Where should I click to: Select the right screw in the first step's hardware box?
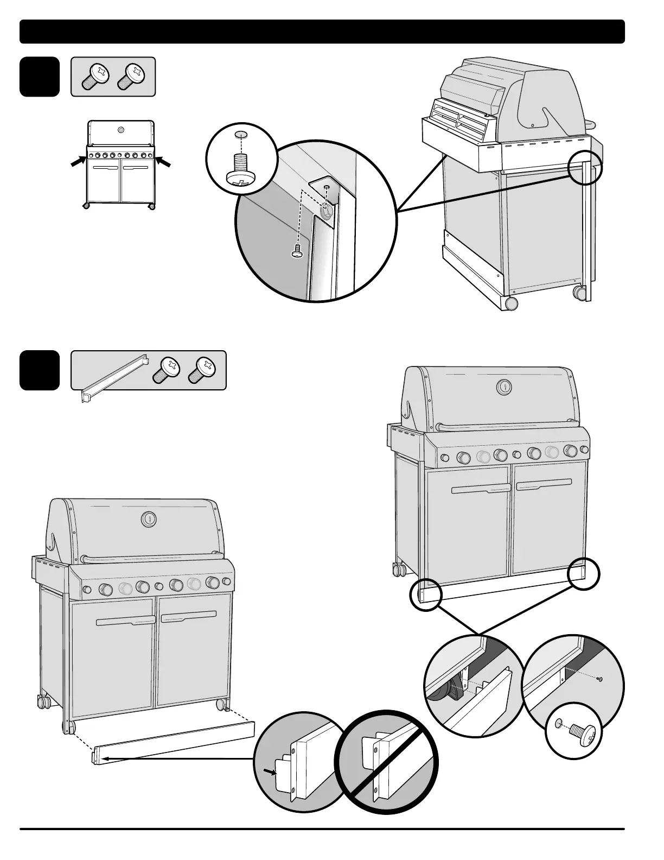click(x=131, y=77)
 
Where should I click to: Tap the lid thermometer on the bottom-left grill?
click(x=147, y=519)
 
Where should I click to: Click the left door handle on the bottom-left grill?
click(x=125, y=621)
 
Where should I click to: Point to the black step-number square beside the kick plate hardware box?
click(x=40, y=370)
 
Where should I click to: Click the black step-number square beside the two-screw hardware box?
click(x=40, y=77)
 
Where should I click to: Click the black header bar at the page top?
click(x=322, y=31)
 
